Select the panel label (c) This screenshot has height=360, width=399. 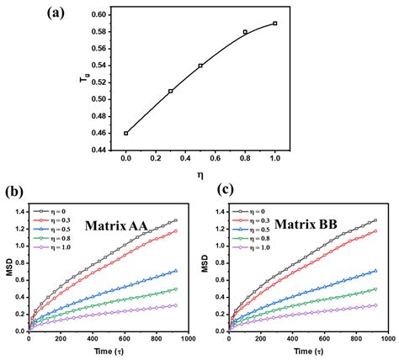pyautogui.click(x=217, y=193)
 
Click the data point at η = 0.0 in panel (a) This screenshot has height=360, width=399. pyautogui.click(x=126, y=133)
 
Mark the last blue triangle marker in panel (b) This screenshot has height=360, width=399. pyautogui.click(x=174, y=271)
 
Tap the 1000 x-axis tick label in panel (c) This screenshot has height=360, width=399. pyautogui.click(x=387, y=338)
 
